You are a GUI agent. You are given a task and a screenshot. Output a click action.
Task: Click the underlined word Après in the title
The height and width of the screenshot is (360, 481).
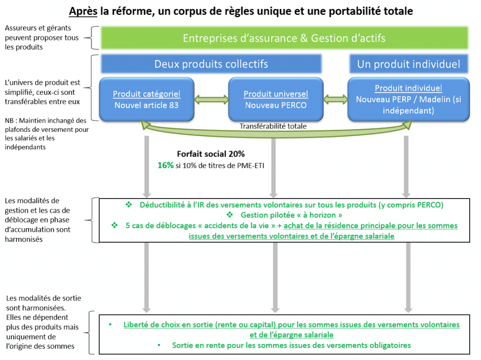(x=82, y=11)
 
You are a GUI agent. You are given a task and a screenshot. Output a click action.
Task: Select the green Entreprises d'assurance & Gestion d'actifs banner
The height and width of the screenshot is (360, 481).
(x=284, y=38)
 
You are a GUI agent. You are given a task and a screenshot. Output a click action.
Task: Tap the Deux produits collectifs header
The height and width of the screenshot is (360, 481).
(x=211, y=64)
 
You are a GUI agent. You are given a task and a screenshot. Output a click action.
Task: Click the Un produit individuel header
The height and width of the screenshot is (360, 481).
(x=408, y=64)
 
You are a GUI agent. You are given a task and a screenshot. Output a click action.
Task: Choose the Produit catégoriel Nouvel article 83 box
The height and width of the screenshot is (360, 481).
(x=146, y=100)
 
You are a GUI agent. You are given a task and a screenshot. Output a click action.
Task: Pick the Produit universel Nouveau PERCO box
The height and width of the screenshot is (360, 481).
(x=275, y=100)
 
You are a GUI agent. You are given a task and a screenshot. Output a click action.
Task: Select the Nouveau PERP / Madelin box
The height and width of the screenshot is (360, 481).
(x=408, y=100)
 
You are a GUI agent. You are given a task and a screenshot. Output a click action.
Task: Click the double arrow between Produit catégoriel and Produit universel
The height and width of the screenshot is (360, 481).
(x=211, y=100)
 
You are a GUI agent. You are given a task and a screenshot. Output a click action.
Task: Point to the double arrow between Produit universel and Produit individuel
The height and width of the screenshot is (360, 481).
(x=335, y=100)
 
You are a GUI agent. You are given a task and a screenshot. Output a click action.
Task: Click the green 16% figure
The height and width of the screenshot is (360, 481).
(x=165, y=165)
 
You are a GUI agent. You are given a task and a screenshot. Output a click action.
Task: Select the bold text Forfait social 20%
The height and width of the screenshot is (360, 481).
(x=210, y=154)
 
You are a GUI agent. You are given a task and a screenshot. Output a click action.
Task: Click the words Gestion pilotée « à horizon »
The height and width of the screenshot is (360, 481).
(x=288, y=215)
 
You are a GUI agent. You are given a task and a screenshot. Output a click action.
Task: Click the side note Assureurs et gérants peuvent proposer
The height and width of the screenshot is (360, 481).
(x=41, y=38)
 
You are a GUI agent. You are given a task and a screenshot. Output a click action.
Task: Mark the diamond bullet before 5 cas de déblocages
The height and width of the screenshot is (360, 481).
(x=114, y=226)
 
